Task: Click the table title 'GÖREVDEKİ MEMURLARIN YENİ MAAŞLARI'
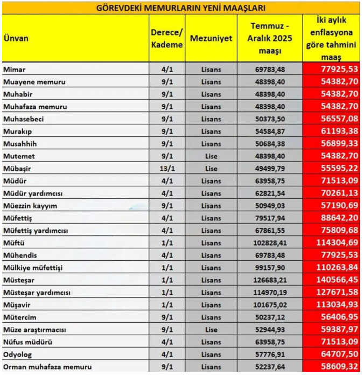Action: (x=181, y=8)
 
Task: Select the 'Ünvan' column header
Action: (x=16, y=39)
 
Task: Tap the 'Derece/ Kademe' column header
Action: (x=166, y=39)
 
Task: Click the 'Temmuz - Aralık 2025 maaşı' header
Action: (x=270, y=39)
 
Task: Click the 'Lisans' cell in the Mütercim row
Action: (x=211, y=317)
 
